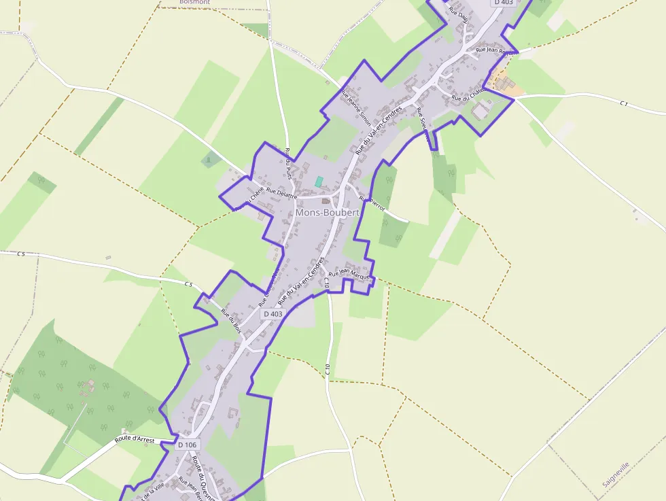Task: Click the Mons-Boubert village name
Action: click(327, 213)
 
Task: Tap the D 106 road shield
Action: click(190, 445)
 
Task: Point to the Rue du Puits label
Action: click(290, 165)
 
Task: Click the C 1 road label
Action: click(624, 103)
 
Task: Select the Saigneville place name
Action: click(616, 474)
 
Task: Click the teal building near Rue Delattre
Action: click(318, 182)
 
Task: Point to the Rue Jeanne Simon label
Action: click(355, 108)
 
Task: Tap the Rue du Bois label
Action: click(232, 321)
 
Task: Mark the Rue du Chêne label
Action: click(248, 198)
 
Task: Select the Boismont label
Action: click(194, 2)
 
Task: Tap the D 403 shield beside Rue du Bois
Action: click(273, 314)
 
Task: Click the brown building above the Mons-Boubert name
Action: click(326, 200)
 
